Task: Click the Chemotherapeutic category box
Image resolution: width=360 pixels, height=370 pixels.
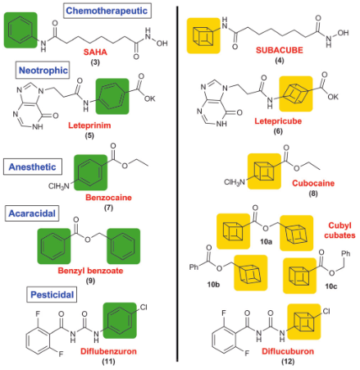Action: pyautogui.click(x=107, y=11)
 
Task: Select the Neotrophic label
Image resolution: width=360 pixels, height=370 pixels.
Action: pyautogui.click(x=43, y=71)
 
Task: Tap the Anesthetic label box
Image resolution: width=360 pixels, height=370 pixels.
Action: pyautogui.click(x=33, y=167)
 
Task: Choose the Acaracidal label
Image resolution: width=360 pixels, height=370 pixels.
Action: pyautogui.click(x=32, y=213)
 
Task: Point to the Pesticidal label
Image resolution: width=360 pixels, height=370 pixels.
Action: pyautogui.click(x=52, y=295)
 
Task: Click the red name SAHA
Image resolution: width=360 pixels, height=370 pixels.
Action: pyautogui.click(x=95, y=52)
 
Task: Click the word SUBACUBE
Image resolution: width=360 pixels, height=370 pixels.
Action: pyautogui.click(x=280, y=50)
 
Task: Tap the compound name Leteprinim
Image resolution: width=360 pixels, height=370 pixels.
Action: pyautogui.click(x=89, y=126)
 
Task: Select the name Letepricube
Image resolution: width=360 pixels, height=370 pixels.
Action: pyautogui.click(x=278, y=121)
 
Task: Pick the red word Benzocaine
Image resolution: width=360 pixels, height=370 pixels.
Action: pyautogui.click(x=108, y=198)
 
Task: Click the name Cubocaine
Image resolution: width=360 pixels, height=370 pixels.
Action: pyautogui.click(x=313, y=183)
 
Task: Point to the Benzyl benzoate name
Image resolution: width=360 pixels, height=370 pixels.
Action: pyautogui.click(x=90, y=271)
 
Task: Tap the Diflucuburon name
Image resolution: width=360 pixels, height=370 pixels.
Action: pyautogui.click(x=288, y=351)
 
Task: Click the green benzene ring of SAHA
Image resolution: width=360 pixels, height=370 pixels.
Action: pyautogui.click(x=21, y=30)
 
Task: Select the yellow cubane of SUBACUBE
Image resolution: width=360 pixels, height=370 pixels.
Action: pyautogui.click(x=203, y=35)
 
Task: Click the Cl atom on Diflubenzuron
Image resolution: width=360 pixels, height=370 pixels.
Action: pyautogui.click(x=144, y=308)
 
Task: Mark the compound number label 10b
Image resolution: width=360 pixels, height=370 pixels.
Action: pyautogui.click(x=213, y=285)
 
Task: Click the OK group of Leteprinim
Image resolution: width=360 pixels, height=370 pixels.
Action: pyautogui.click(x=150, y=98)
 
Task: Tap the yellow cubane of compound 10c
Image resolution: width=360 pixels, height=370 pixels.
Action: pyautogui.click(x=299, y=276)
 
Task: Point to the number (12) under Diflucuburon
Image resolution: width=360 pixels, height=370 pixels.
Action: pyautogui.click(x=288, y=362)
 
